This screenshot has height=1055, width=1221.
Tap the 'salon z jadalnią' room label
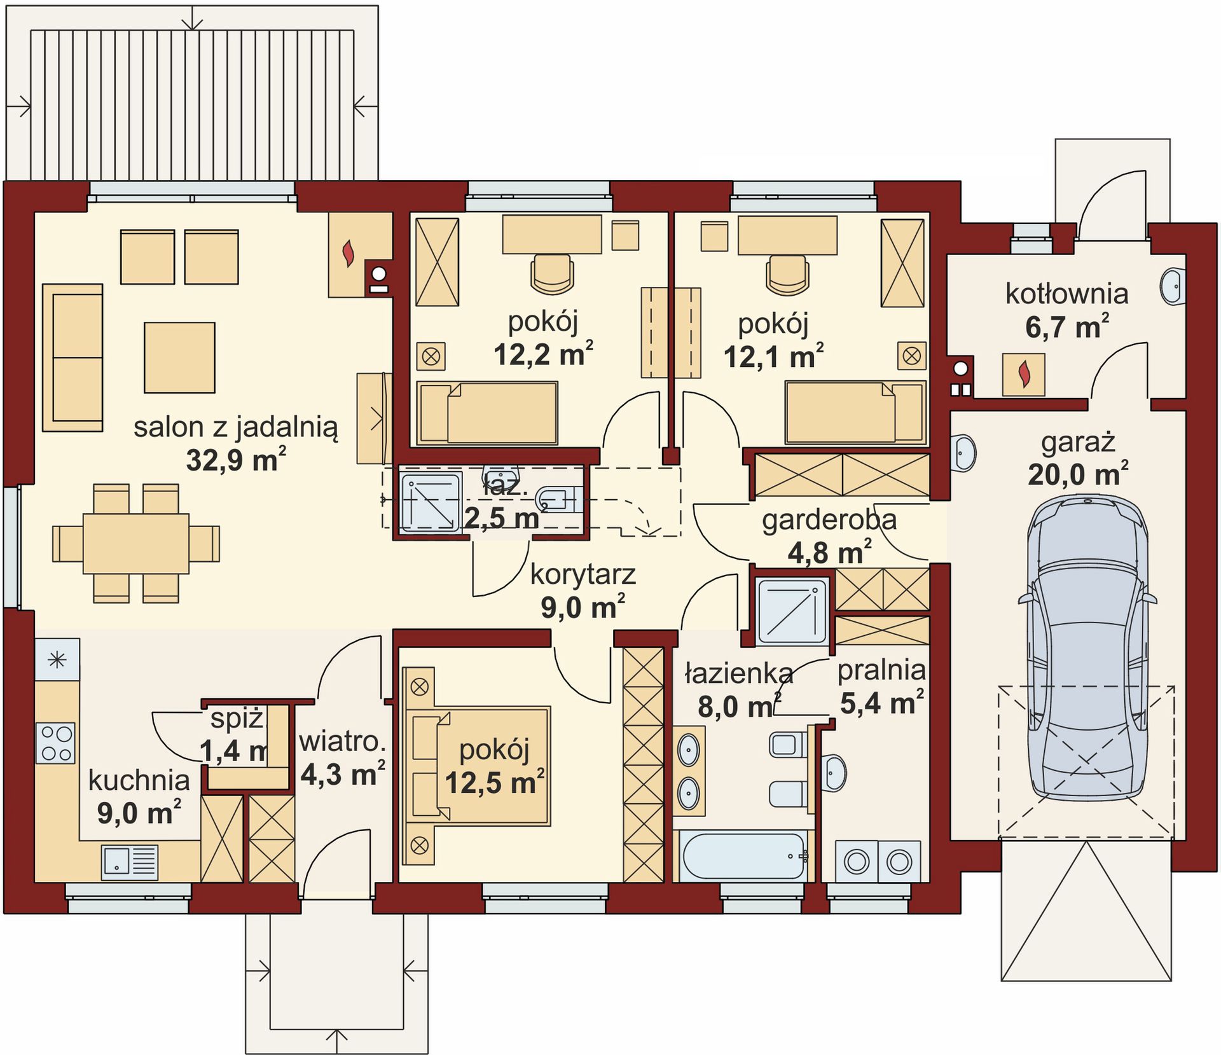pyautogui.click(x=235, y=428)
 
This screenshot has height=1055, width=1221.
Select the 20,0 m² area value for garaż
pyautogui.click(x=1078, y=474)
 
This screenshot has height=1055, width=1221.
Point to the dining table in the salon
pyautogui.click(x=136, y=544)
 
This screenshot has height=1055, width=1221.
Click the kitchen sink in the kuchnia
pyautogui.click(x=130, y=862)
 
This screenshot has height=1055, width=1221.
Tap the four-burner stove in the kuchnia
pyautogui.click(x=56, y=743)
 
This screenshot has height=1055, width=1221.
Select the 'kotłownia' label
pyautogui.click(x=1066, y=294)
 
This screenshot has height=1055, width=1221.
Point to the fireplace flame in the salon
pyautogui.click(x=348, y=254)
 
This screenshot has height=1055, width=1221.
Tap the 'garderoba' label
pyautogui.click(x=829, y=520)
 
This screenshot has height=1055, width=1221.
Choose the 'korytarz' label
pyautogui.click(x=583, y=575)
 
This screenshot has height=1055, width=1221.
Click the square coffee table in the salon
pyautogui.click(x=179, y=357)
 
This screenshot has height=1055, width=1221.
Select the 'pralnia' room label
pyautogui.click(x=881, y=670)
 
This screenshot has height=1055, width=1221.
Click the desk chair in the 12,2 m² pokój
pyautogui.click(x=552, y=274)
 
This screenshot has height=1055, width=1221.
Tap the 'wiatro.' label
pyautogui.click(x=342, y=741)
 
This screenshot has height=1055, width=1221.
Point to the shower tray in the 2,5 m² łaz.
pyautogui.click(x=429, y=501)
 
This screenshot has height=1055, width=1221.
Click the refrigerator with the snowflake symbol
pyautogui.click(x=57, y=659)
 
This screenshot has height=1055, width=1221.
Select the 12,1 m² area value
pyautogui.click(x=773, y=356)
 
